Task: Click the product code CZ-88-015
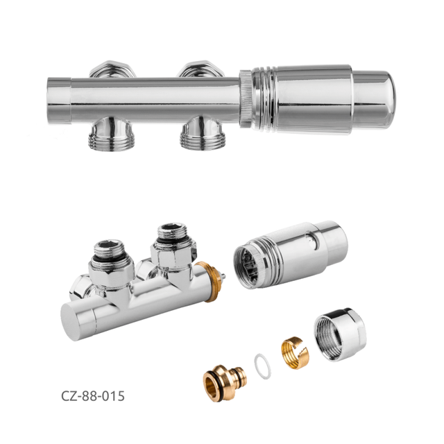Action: point(92,395)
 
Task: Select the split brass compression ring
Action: point(295,352)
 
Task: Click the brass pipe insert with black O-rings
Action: point(225,382)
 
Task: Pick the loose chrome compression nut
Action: point(340,334)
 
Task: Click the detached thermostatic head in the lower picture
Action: point(290,254)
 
